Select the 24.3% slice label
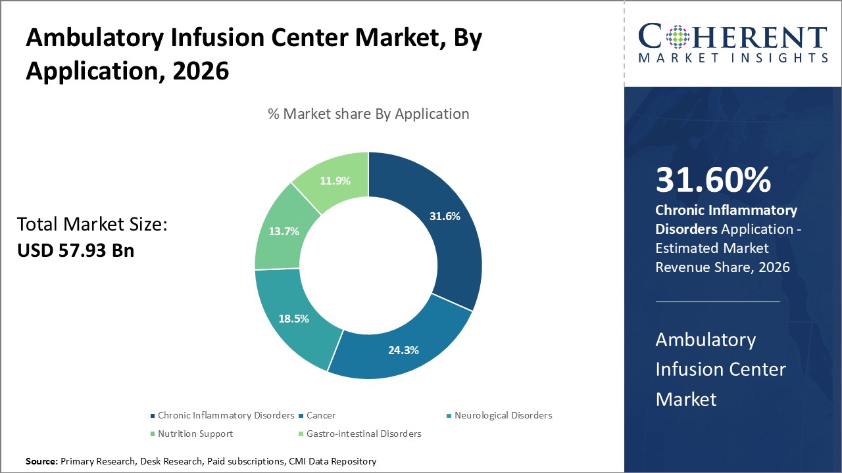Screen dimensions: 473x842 403,350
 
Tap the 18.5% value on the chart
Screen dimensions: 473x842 293,318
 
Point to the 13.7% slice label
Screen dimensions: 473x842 284,231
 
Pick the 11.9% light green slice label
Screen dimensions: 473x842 334,180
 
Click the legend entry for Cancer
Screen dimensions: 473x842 321,415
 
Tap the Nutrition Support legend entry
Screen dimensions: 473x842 195,434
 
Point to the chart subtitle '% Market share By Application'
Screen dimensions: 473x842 368,114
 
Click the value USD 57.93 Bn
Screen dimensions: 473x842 76,250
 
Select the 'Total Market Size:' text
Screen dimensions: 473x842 92,225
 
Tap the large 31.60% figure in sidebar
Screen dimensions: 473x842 713,180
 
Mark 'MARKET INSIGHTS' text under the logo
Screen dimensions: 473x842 732,58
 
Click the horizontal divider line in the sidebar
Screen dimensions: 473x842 718,302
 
